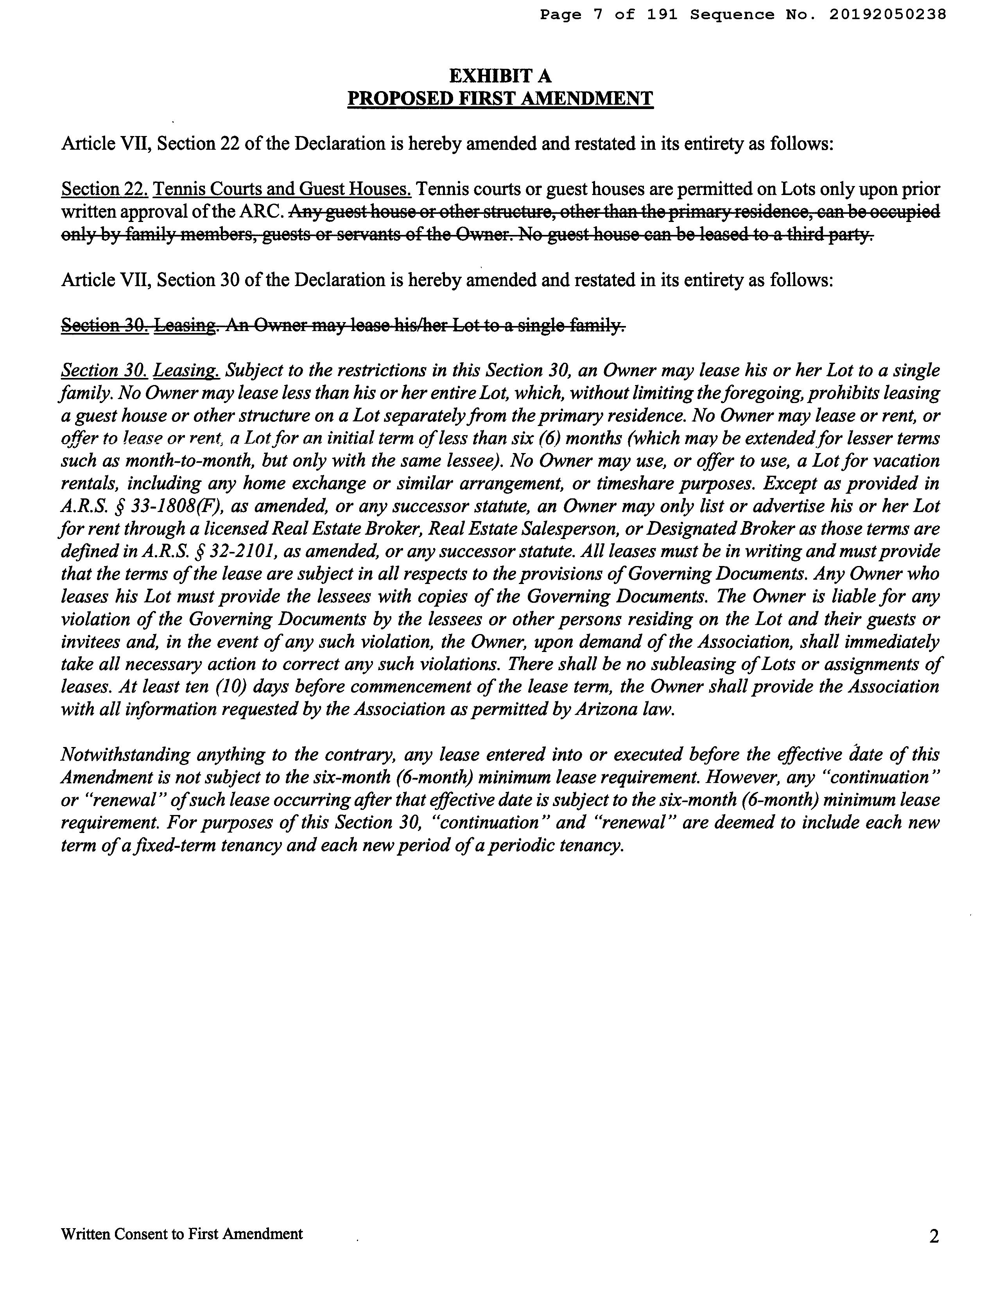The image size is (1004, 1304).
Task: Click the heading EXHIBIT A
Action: (x=500, y=76)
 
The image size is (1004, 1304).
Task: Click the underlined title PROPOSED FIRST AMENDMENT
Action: (x=500, y=99)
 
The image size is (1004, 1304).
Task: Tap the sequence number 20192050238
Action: (x=887, y=14)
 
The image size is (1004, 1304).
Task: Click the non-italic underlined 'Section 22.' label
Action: (x=104, y=189)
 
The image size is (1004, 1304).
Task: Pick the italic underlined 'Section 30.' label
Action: (x=104, y=371)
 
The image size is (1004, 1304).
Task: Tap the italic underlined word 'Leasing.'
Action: (x=187, y=371)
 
